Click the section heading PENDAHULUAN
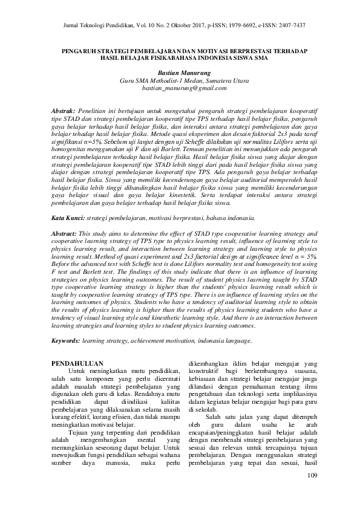[x=75, y=363]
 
